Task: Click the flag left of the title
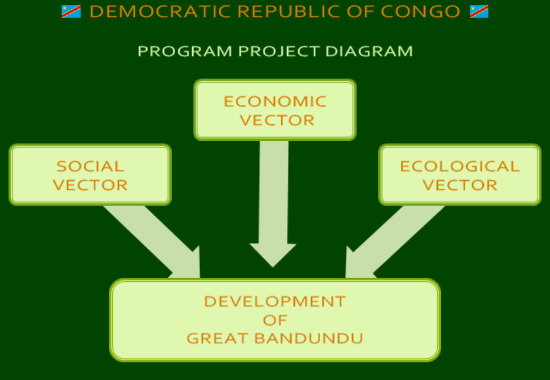pyautogui.click(x=71, y=12)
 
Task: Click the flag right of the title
pyautogui.click(x=479, y=12)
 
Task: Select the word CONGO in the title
pyautogui.click(x=420, y=12)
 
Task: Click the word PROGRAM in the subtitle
pyautogui.click(x=185, y=51)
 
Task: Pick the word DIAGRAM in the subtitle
pyautogui.click(x=369, y=51)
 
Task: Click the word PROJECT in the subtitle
pyautogui.click(x=279, y=51)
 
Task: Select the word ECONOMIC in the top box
pyautogui.click(x=275, y=102)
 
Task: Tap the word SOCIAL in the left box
pyautogui.click(x=90, y=166)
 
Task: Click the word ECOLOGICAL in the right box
pyautogui.click(x=460, y=166)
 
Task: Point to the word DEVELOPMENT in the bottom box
pyautogui.click(x=275, y=301)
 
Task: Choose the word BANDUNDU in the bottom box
pyautogui.click(x=309, y=338)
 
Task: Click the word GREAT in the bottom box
pyautogui.click(x=218, y=338)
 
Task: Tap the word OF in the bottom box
pyautogui.click(x=275, y=320)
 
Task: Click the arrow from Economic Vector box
pyautogui.click(x=273, y=204)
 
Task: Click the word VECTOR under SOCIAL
pyautogui.click(x=90, y=185)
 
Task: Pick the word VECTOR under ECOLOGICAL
pyautogui.click(x=460, y=185)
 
